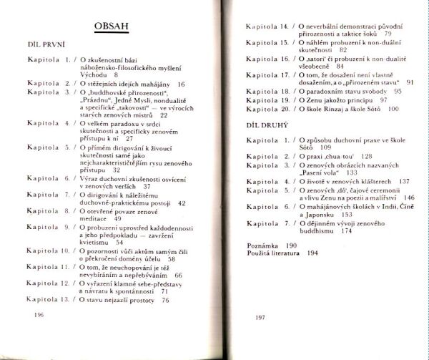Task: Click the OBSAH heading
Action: pos(115,28)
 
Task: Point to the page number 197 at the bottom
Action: pos(260,316)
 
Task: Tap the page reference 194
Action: pos(313,253)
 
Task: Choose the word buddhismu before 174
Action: pos(317,231)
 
